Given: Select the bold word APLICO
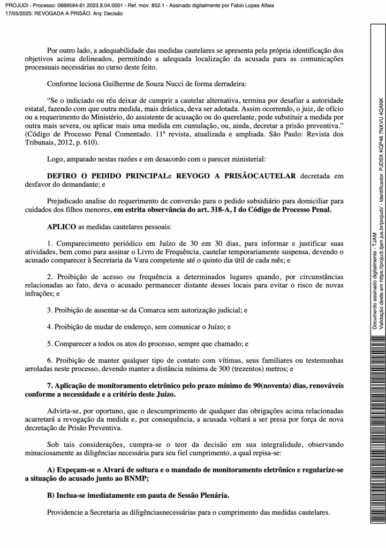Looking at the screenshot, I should pos(62,226).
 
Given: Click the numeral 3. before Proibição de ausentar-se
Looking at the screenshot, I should pos(50,310).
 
